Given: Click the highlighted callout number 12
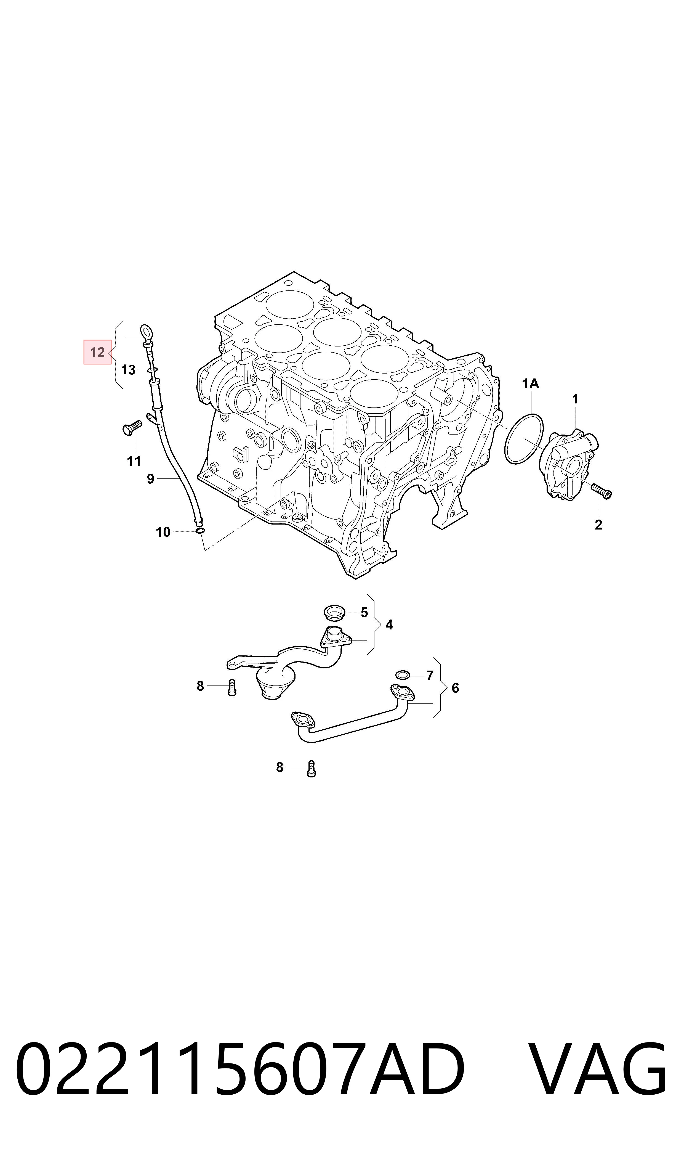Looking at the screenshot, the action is point(97,352).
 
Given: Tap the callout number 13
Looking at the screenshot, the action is point(128,370).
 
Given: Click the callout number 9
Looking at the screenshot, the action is point(150,479).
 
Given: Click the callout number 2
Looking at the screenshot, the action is point(598,525).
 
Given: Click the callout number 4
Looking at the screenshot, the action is point(389,625).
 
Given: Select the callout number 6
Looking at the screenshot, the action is point(455,688).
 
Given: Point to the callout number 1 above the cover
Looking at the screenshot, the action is point(575,399).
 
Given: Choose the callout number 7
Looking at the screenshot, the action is point(430,676).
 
